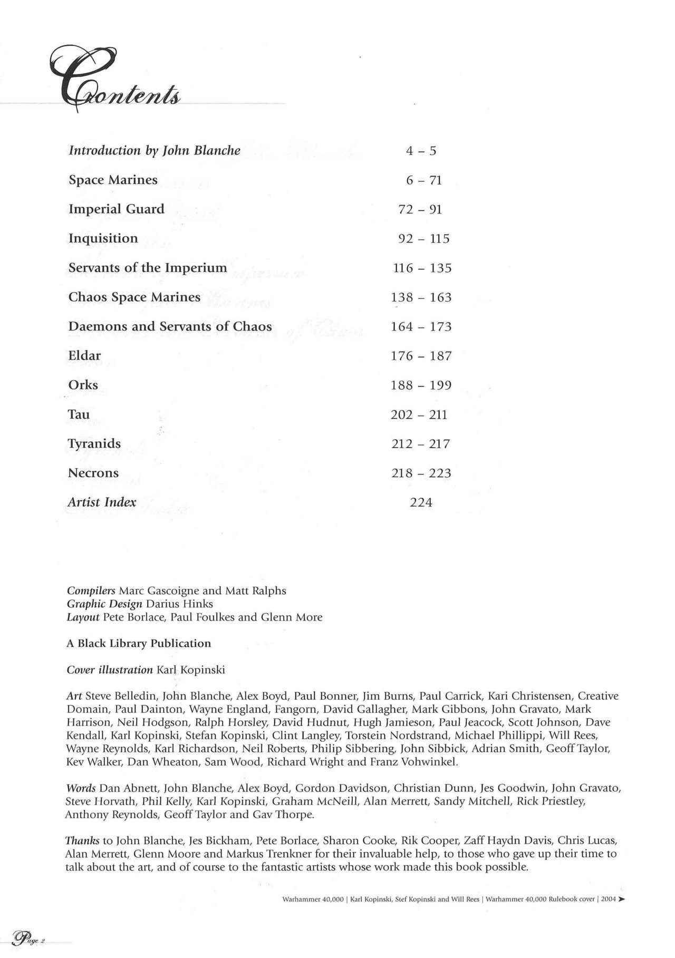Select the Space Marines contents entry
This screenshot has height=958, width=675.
tap(113, 180)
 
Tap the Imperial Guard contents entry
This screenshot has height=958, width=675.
tap(117, 209)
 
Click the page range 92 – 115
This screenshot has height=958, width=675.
tap(423, 239)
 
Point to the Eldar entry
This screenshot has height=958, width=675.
tap(84, 356)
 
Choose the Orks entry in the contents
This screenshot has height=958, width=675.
tap(83, 385)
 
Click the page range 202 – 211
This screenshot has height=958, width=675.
tap(419, 415)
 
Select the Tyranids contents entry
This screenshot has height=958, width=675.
tap(94, 444)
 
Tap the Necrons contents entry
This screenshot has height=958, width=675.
tap(93, 473)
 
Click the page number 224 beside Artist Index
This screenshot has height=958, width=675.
tap(421, 502)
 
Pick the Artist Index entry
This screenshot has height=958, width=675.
tap(102, 502)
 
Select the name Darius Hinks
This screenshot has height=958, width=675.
tap(179, 604)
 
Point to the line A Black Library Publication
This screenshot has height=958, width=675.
tap(139, 643)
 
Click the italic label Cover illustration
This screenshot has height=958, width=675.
tap(110, 670)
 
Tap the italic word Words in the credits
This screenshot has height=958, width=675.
tap(81, 789)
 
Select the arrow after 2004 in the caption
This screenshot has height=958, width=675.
tap(622, 900)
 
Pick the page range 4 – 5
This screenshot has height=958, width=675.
tap(421, 151)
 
